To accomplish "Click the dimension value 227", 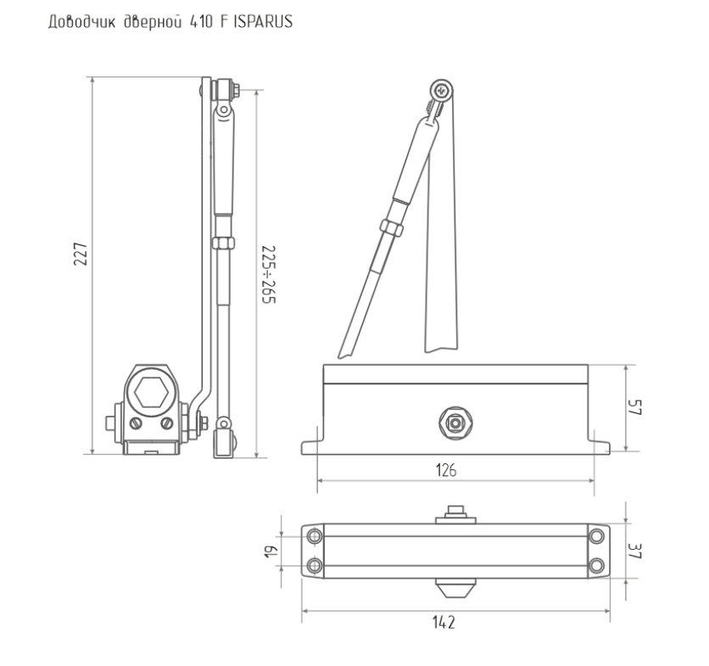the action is pos(81,254).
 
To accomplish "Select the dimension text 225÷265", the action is pos(269,275).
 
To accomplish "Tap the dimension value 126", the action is pos(446,471).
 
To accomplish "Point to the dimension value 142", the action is pos(444,623).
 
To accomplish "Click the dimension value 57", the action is pos(635,407).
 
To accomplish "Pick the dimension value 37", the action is pos(635,551).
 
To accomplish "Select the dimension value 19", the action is pos(271,551).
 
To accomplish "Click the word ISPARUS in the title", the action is pos(263,22).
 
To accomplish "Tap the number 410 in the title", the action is pos(201,22).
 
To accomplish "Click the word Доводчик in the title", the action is pos(82,22).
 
